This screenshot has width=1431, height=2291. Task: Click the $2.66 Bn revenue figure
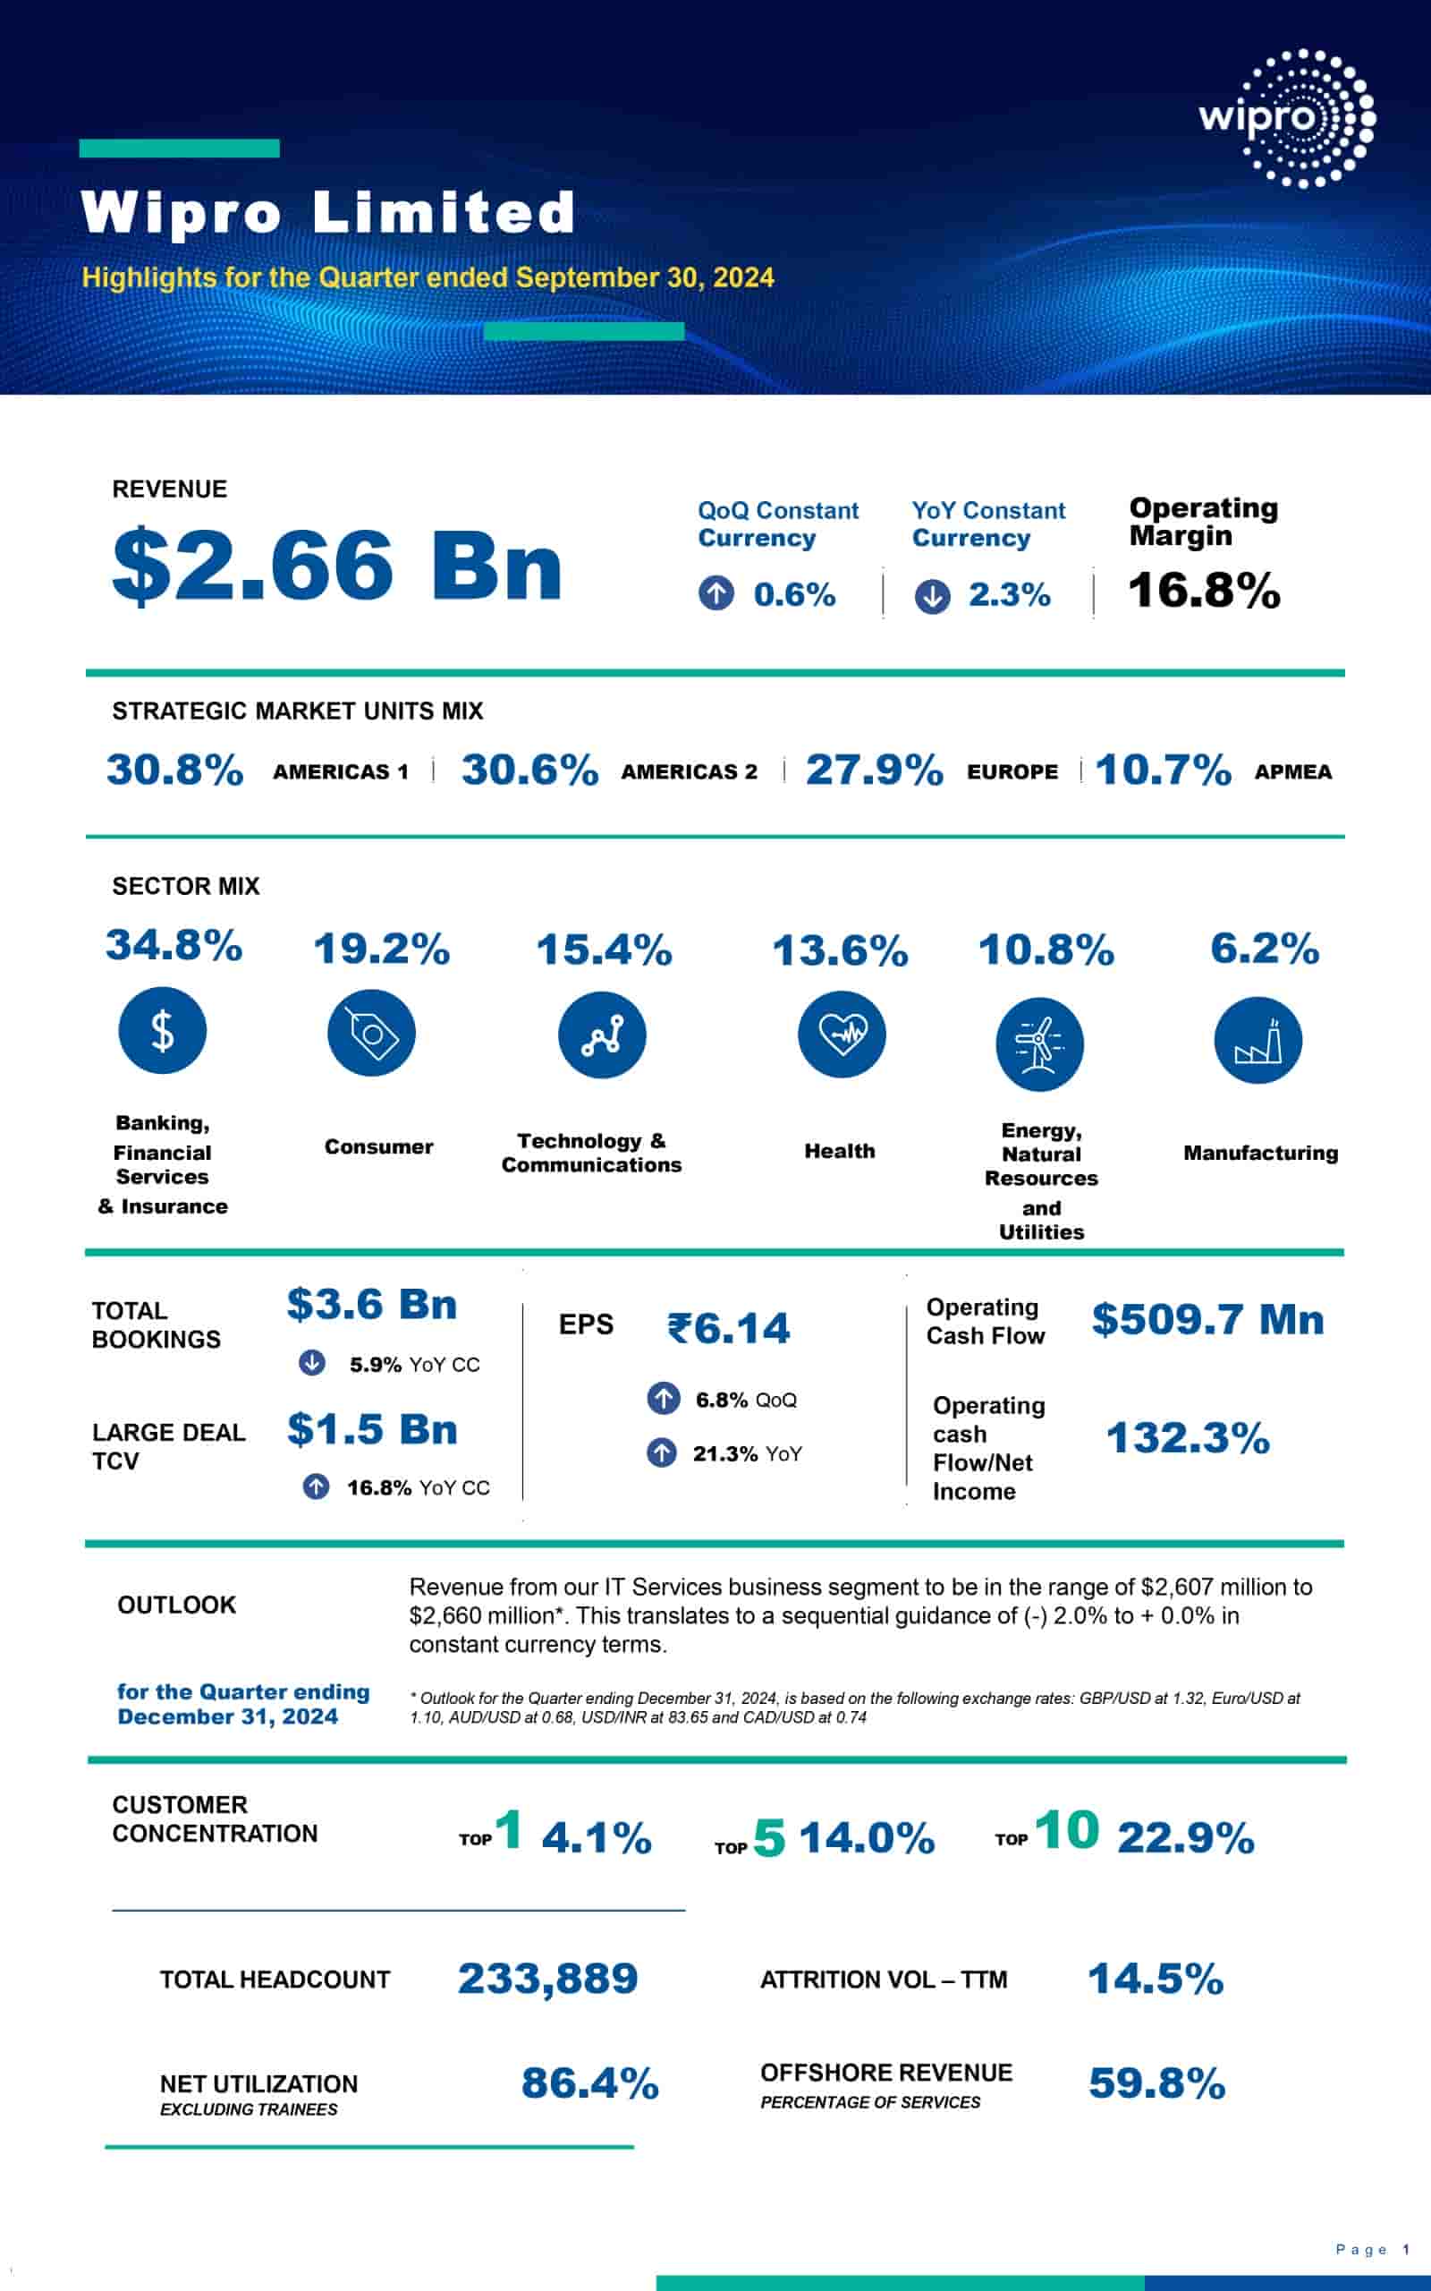pyautogui.click(x=337, y=566)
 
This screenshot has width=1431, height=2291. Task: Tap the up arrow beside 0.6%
pyautogui.click(x=716, y=593)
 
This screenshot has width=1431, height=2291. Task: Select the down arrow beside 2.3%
pyautogui.click(x=932, y=595)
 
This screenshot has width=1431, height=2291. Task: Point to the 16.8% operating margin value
pyautogui.click(x=1204, y=590)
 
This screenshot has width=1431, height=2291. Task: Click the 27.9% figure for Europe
pyautogui.click(x=874, y=770)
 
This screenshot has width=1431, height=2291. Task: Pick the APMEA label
pyautogui.click(x=1293, y=771)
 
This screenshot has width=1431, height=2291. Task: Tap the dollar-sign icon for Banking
pyautogui.click(x=162, y=1031)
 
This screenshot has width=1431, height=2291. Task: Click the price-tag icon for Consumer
pyautogui.click(x=371, y=1033)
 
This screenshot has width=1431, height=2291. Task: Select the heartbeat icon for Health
pyautogui.click(x=842, y=1034)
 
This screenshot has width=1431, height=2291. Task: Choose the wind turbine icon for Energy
pyautogui.click(x=1039, y=1043)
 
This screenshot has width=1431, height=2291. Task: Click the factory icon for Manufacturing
pyautogui.click(x=1257, y=1042)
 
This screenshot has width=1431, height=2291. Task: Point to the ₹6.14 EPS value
pyautogui.click(x=728, y=1328)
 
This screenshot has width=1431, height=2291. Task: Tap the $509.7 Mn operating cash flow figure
pyautogui.click(x=1207, y=1320)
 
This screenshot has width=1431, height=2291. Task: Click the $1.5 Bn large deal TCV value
pyautogui.click(x=372, y=1429)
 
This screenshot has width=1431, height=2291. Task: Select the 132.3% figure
pyautogui.click(x=1188, y=1438)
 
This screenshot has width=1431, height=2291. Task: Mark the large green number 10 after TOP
pyautogui.click(x=1067, y=1830)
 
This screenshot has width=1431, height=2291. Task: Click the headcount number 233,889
pyautogui.click(x=548, y=1979)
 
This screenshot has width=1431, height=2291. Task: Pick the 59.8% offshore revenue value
pyautogui.click(x=1156, y=2082)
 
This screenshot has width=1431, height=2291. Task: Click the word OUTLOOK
pyautogui.click(x=177, y=1605)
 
